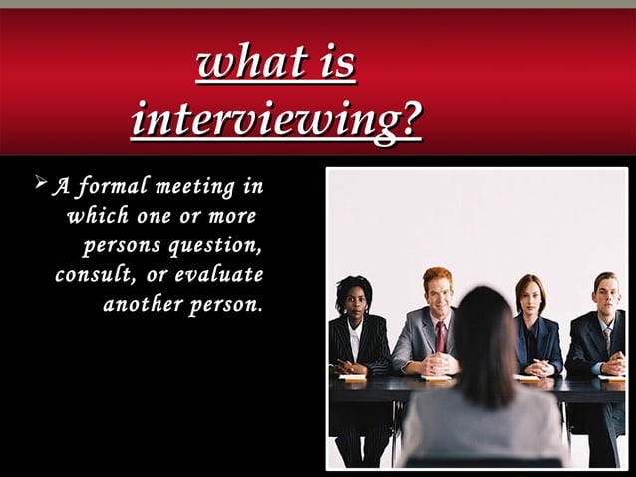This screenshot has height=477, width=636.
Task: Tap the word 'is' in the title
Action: coord(331,64)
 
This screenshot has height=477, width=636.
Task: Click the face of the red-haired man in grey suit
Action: coord(438,294)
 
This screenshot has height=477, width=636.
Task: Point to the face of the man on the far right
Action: coord(606,298)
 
